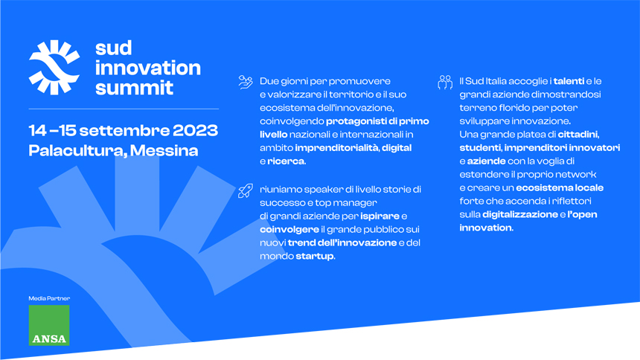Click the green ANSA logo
click(x=49, y=325)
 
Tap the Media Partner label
click(x=49, y=298)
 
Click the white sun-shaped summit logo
click(x=54, y=68)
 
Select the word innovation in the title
click(x=148, y=68)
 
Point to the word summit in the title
click(x=134, y=88)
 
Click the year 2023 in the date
click(x=195, y=131)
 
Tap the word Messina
click(x=164, y=150)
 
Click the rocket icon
click(x=246, y=190)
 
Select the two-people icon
click(x=445, y=82)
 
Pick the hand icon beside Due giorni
click(x=246, y=82)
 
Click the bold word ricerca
click(x=286, y=161)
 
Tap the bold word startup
click(x=315, y=257)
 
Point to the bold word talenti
click(x=569, y=81)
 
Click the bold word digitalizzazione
click(x=520, y=215)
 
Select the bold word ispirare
click(x=380, y=216)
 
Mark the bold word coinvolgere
click(x=289, y=230)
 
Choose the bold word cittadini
click(x=578, y=135)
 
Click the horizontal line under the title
click(x=124, y=109)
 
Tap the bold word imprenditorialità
click(x=336, y=148)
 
